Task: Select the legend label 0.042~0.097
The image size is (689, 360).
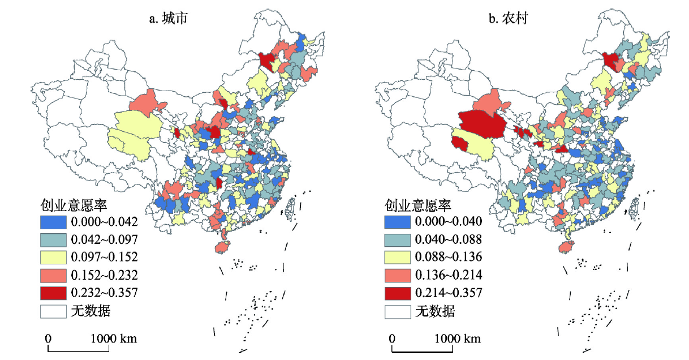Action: pos(104,238)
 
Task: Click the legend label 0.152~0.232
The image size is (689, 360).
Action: pos(104,275)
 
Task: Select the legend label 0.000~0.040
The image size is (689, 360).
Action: pos(449,221)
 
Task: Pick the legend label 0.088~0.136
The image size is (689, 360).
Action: pos(449,257)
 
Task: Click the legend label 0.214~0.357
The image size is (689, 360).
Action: pos(449,293)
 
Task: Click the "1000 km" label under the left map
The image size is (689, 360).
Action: pos(113,338)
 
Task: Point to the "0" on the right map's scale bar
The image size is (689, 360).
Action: pos(392,338)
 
